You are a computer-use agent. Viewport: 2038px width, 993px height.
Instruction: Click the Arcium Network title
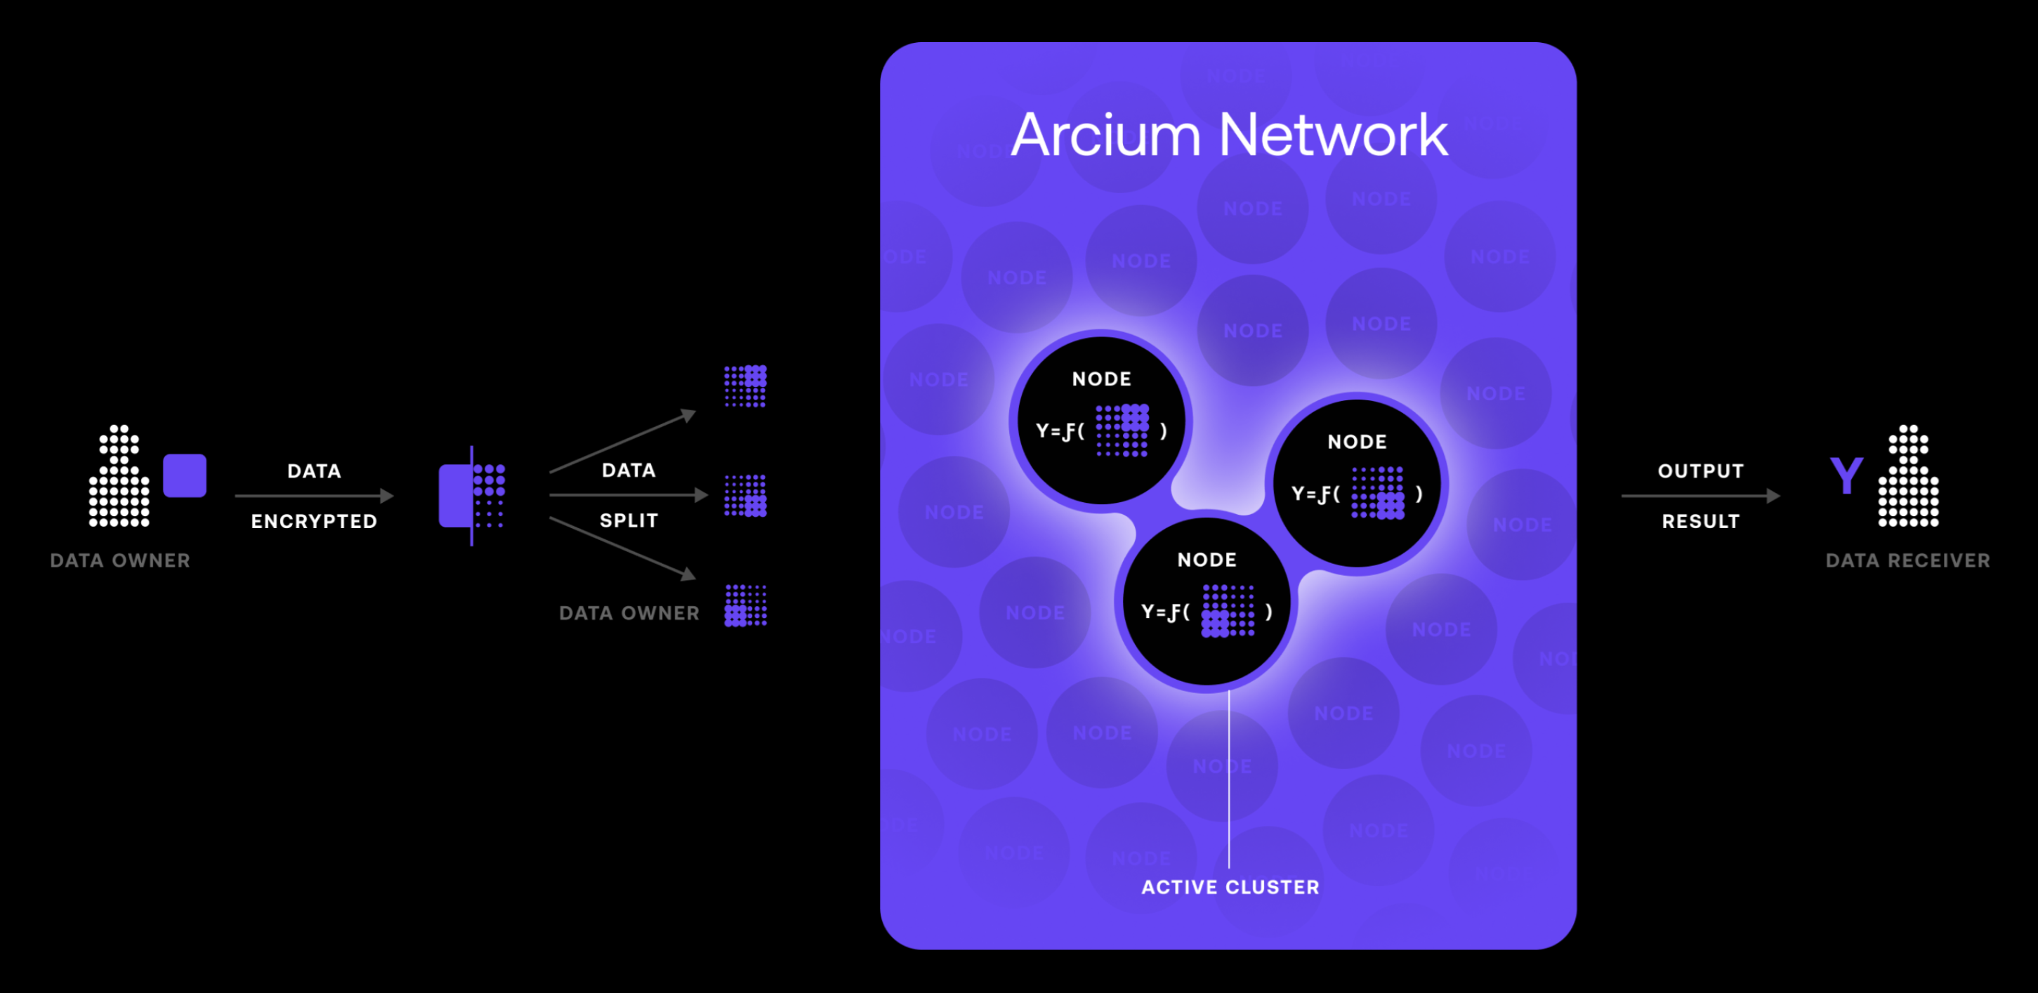coord(1229,136)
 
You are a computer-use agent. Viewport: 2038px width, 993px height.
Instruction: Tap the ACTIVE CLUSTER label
coord(1230,887)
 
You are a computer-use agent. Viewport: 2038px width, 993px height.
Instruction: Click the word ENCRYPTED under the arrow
coord(314,521)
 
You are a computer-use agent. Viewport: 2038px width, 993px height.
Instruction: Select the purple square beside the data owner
coord(184,475)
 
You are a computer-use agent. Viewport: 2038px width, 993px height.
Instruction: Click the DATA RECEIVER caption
coord(1907,560)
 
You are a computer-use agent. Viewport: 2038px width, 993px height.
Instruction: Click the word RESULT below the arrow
coord(1700,521)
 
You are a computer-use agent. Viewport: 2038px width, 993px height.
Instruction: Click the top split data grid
coord(745,386)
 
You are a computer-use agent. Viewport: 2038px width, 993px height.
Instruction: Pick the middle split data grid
coord(745,496)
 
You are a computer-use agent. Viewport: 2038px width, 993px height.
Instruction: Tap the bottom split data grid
coord(745,606)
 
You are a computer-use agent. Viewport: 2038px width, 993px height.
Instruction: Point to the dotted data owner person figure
coord(119,476)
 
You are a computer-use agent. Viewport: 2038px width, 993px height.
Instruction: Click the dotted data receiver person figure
coord(1908,476)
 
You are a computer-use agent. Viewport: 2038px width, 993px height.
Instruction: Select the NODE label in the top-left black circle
coord(1101,379)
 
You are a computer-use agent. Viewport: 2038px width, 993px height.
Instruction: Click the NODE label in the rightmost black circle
coord(1357,442)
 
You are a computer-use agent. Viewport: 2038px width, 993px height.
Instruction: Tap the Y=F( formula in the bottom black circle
coord(1164,612)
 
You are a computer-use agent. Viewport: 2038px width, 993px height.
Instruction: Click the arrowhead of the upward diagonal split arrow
coord(689,414)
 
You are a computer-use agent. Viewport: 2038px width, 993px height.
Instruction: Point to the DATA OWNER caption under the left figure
coord(120,560)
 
